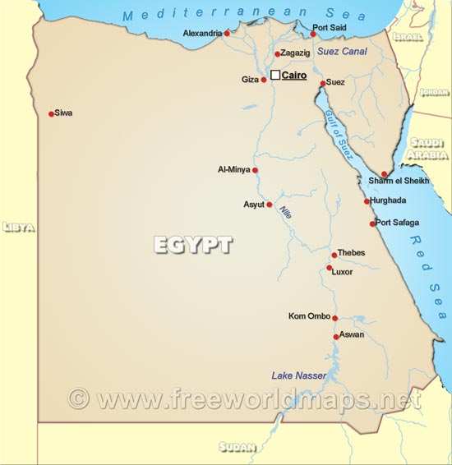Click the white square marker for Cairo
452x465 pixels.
pyautogui.click(x=275, y=75)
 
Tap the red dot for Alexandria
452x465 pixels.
pyautogui.click(x=227, y=33)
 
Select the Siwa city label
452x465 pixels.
pyautogui.click(x=63, y=113)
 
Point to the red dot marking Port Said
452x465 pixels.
pyautogui.click(x=313, y=34)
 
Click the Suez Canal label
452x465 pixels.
pyautogui.click(x=342, y=52)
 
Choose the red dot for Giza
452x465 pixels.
pyautogui.click(x=264, y=80)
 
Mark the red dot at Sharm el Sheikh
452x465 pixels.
pyautogui.click(x=384, y=174)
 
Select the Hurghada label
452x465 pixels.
pyautogui.click(x=389, y=200)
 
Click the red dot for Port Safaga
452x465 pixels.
pyautogui.click(x=372, y=223)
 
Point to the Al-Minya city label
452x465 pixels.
pyautogui.click(x=233, y=170)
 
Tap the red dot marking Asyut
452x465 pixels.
pyautogui.click(x=269, y=205)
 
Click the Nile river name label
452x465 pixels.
pyautogui.click(x=286, y=211)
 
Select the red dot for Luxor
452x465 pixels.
pyautogui.click(x=329, y=268)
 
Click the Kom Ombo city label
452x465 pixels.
pyautogui.click(x=309, y=316)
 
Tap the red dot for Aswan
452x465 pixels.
pyautogui.click(x=336, y=336)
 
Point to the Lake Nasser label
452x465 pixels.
pyautogui.click(x=299, y=375)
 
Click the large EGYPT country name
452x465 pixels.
pyautogui.click(x=193, y=245)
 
